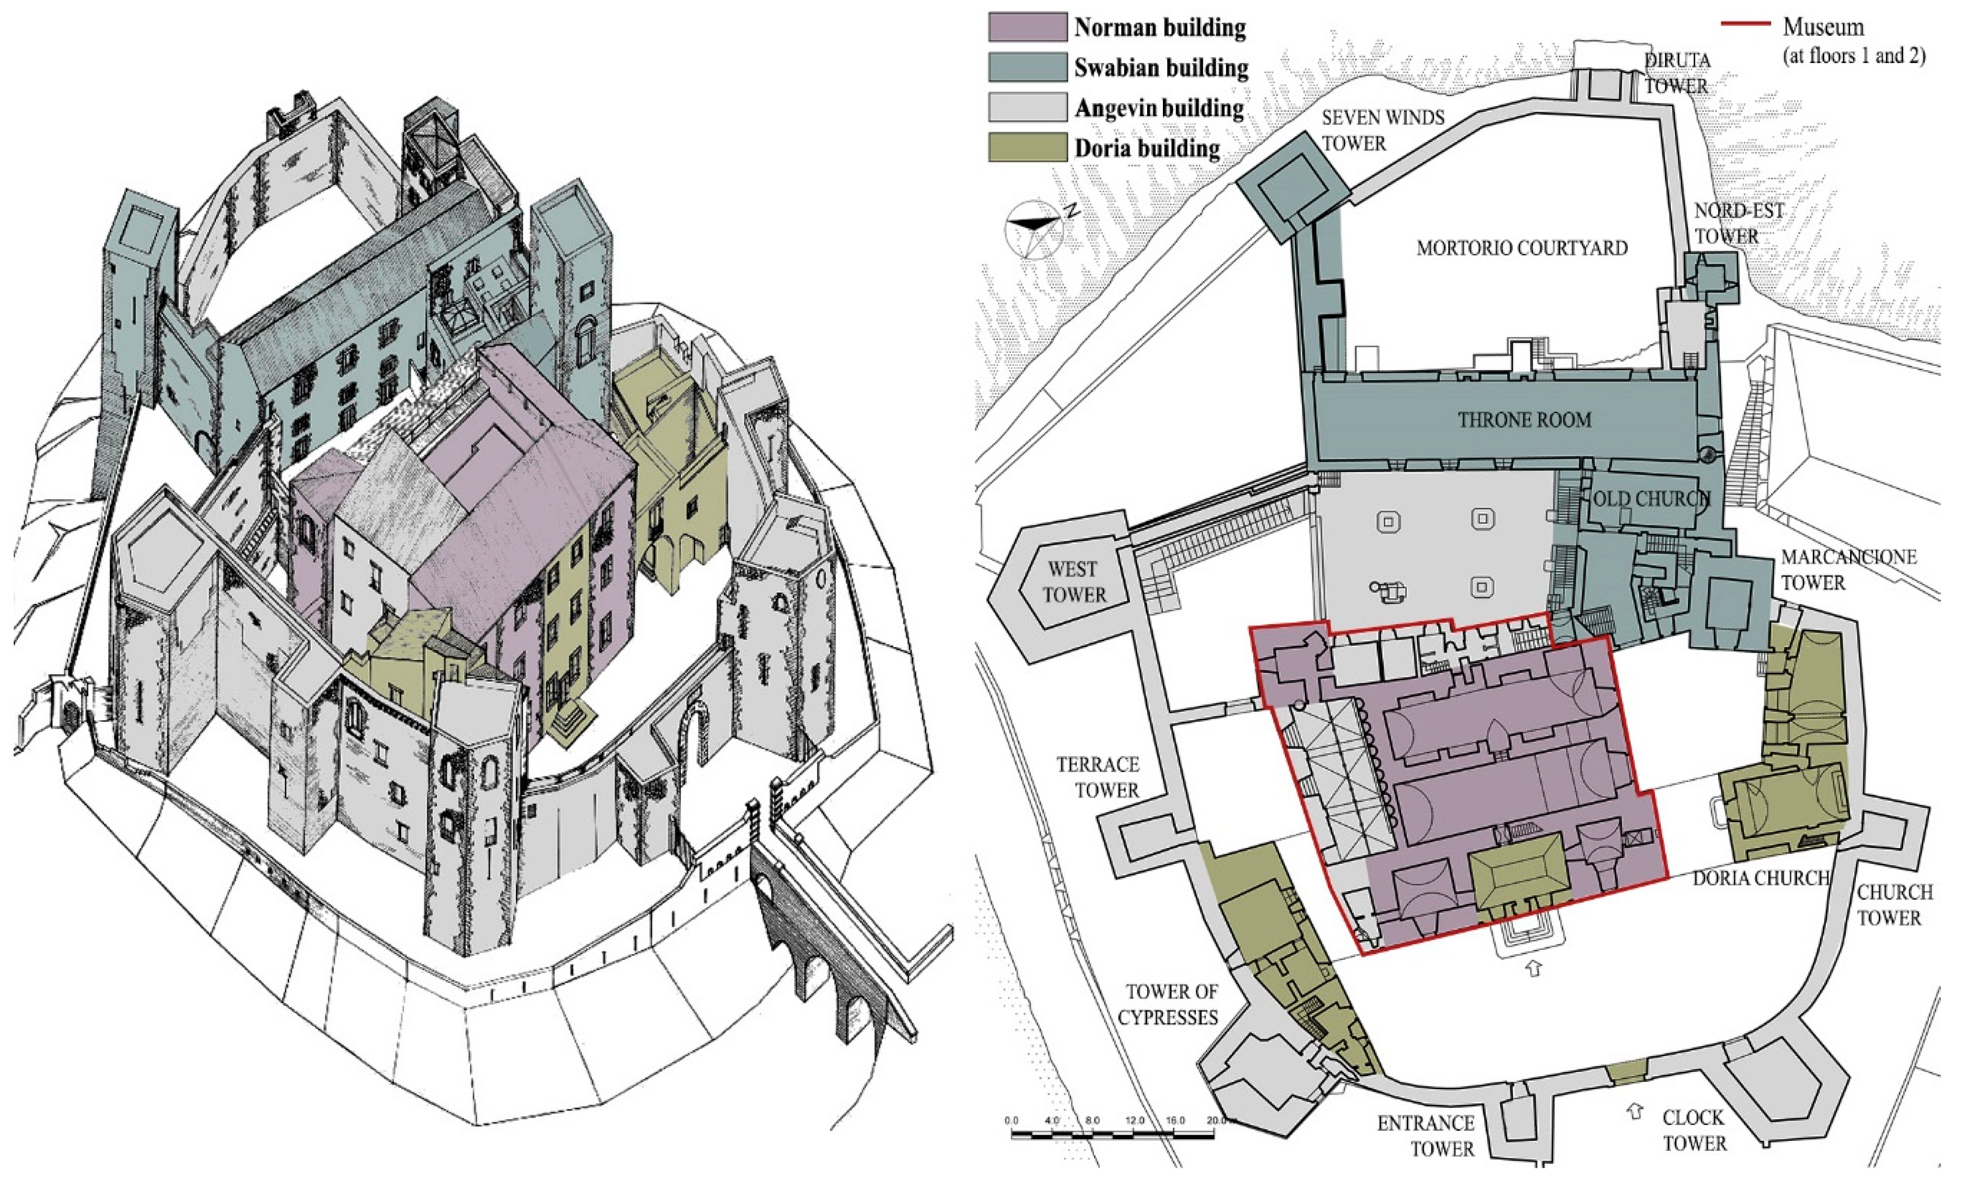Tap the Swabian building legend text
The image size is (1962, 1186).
tap(1161, 68)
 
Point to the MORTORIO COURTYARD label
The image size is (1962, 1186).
tap(1521, 248)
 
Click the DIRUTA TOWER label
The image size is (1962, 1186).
tap(1677, 73)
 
